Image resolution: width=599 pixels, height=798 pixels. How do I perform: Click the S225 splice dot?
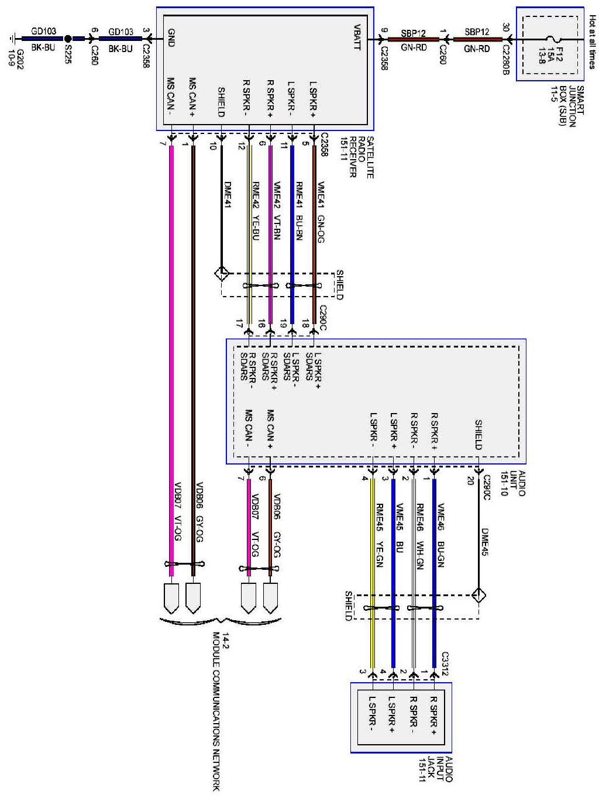click(68, 39)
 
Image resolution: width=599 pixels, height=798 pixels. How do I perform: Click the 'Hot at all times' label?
click(592, 42)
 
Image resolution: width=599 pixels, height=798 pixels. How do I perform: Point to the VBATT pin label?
click(357, 37)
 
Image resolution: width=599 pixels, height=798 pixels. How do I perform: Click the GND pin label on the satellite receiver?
click(171, 38)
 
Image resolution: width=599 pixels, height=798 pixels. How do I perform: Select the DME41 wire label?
click(228, 195)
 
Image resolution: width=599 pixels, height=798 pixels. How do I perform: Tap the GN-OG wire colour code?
click(321, 229)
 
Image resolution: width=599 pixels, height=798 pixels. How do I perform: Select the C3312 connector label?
click(445, 664)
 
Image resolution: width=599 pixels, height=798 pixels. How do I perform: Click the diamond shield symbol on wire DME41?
click(221, 274)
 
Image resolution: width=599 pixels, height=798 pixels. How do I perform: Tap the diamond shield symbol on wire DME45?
click(478, 596)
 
